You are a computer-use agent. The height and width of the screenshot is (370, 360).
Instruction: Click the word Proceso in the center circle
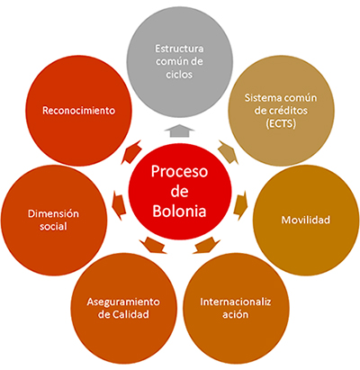(179, 172)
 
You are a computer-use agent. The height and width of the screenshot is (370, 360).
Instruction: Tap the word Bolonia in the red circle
(179, 211)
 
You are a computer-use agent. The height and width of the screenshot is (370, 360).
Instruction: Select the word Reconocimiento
(78, 111)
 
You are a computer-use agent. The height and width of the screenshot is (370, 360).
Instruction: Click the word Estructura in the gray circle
(179, 49)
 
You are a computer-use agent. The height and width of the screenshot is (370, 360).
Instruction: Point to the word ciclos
(179, 74)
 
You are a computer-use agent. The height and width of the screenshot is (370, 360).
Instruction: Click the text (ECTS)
(281, 123)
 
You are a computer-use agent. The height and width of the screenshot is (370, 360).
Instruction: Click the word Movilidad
(306, 220)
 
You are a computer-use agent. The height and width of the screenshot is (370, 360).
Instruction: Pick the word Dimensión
(53, 213)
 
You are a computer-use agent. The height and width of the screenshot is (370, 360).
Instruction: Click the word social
(53, 226)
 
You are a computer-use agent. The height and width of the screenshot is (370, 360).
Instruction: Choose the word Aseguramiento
(123, 302)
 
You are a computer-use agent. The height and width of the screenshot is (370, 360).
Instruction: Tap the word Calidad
(130, 314)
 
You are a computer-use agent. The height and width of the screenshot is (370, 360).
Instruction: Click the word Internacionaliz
(236, 302)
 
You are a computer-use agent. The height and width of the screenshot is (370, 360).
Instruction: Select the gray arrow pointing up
(179, 131)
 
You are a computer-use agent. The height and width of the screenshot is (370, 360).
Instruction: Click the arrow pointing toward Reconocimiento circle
(132, 151)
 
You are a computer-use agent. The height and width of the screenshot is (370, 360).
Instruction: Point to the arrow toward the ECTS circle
(228, 152)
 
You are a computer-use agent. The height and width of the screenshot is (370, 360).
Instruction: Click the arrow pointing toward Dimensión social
(119, 205)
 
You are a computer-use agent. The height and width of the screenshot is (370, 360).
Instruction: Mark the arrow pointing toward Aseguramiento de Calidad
(153, 245)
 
